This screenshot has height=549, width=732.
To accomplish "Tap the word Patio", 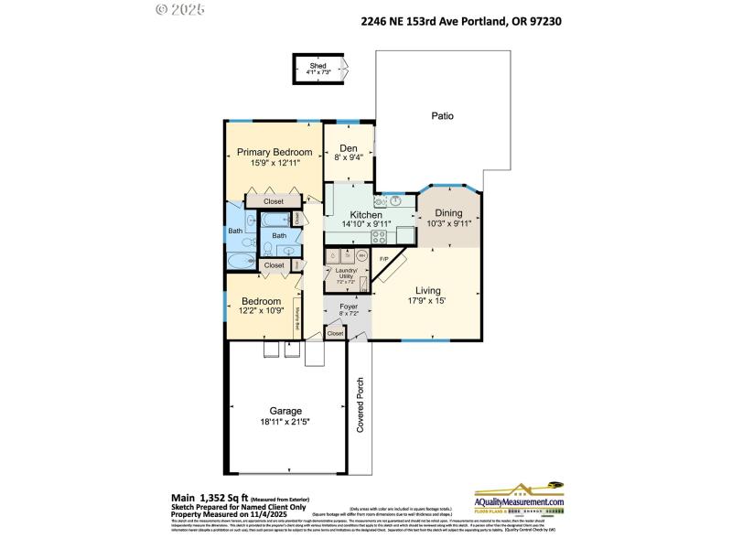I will pyautogui.click(x=443, y=116).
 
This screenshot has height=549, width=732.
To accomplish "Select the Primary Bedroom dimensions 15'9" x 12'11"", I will pyautogui.click(x=274, y=163).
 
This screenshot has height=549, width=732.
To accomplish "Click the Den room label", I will pyautogui.click(x=349, y=148).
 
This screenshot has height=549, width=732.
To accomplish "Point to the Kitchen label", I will pyautogui.click(x=366, y=215).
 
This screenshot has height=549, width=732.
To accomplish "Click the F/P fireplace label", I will pyautogui.click(x=384, y=260).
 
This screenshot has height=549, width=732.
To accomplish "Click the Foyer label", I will pyautogui.click(x=348, y=307).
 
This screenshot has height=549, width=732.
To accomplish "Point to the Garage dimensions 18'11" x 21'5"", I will pyautogui.click(x=285, y=422).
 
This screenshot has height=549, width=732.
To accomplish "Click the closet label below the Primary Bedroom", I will pyautogui.click(x=274, y=200).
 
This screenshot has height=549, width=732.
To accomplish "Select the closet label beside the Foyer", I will pyautogui.click(x=335, y=334).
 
